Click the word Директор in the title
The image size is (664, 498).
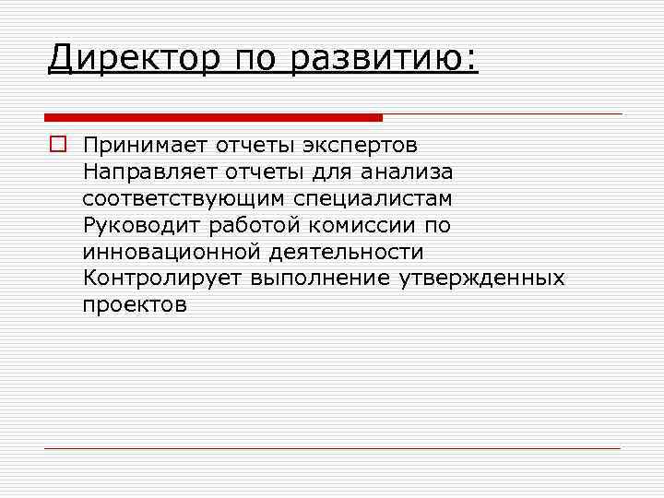pos(135,59)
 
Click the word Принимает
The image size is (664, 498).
pos(146,146)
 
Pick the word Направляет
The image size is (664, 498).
pos(149,172)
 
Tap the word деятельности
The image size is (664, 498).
pos(346,252)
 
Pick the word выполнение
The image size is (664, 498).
pos(320,279)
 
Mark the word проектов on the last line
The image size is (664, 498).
pos(135,305)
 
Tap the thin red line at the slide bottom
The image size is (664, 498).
pos(332,448)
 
